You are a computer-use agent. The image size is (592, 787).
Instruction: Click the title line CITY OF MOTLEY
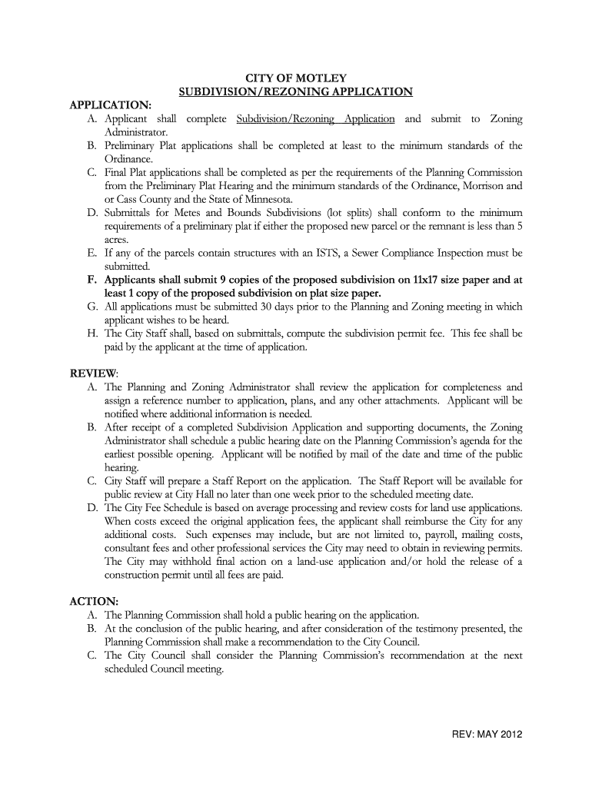tap(296, 78)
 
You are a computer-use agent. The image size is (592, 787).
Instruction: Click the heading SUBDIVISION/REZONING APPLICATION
tap(296, 92)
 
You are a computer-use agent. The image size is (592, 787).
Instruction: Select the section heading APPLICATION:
tap(111, 105)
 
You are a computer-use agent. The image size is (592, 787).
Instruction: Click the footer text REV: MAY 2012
tap(487, 733)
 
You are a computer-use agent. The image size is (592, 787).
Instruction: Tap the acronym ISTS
tap(352, 253)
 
